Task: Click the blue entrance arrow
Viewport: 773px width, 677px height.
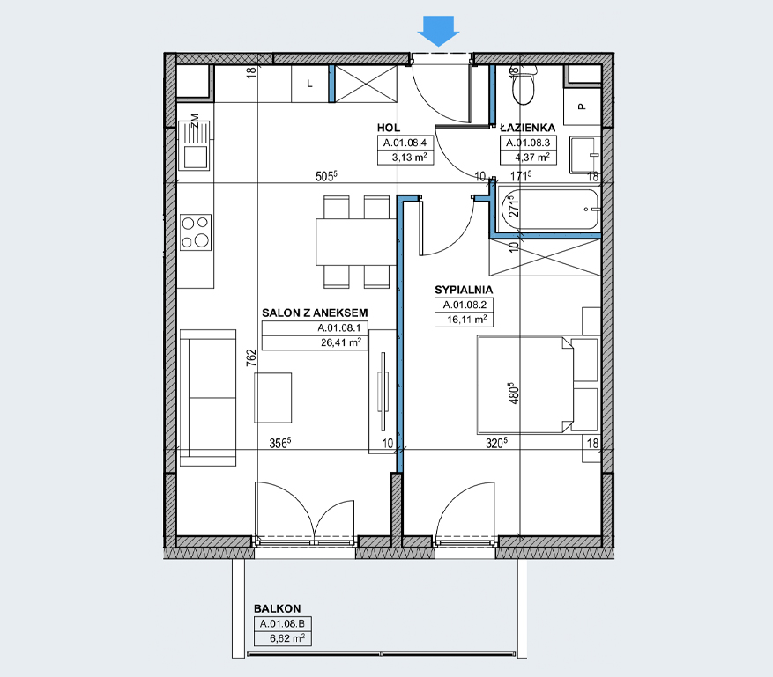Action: [x=438, y=31]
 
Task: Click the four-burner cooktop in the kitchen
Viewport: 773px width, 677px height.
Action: [x=196, y=232]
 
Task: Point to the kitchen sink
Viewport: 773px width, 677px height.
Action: [x=196, y=146]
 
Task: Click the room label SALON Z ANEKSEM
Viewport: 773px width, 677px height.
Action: [x=315, y=313]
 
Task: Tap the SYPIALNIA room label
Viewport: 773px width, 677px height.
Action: [x=464, y=290]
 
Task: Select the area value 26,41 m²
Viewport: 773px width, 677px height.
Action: [x=340, y=342]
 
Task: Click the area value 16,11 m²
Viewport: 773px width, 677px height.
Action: [x=467, y=320]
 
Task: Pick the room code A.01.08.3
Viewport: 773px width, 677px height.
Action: [x=528, y=143]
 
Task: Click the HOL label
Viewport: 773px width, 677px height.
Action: [x=389, y=128]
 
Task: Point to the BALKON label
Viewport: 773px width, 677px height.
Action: [x=277, y=608]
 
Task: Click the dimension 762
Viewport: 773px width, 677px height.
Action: [x=251, y=358]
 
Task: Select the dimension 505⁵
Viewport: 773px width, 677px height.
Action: [x=326, y=176]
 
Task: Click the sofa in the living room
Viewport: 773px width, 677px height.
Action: [x=207, y=398]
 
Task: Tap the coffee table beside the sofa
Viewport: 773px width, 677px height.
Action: [x=272, y=398]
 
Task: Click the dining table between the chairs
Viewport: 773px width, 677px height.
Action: [x=356, y=242]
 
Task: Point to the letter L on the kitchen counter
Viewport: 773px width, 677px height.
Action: [x=309, y=84]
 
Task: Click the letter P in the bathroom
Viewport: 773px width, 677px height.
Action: [x=583, y=107]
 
